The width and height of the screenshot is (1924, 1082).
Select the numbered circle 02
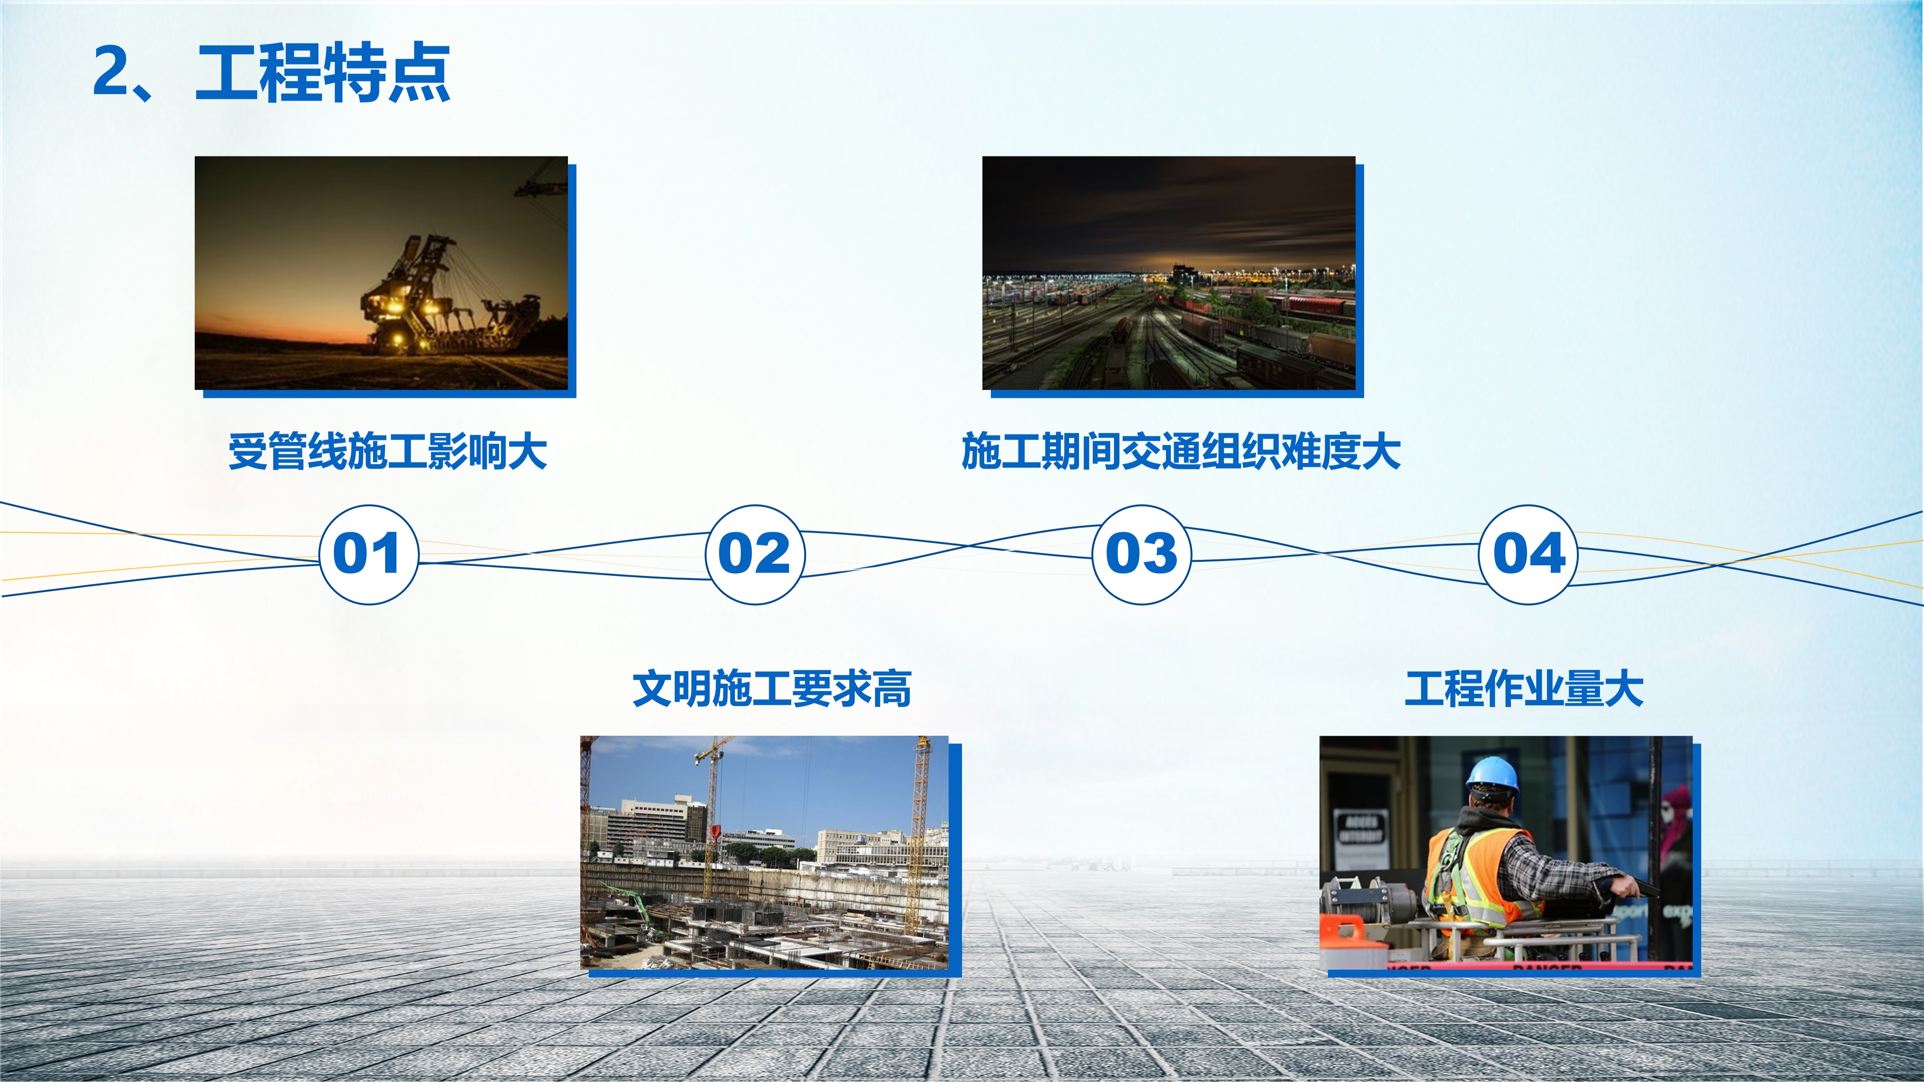click(755, 554)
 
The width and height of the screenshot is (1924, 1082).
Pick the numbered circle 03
click(1141, 554)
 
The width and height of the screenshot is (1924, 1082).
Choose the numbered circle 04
click(1528, 554)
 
